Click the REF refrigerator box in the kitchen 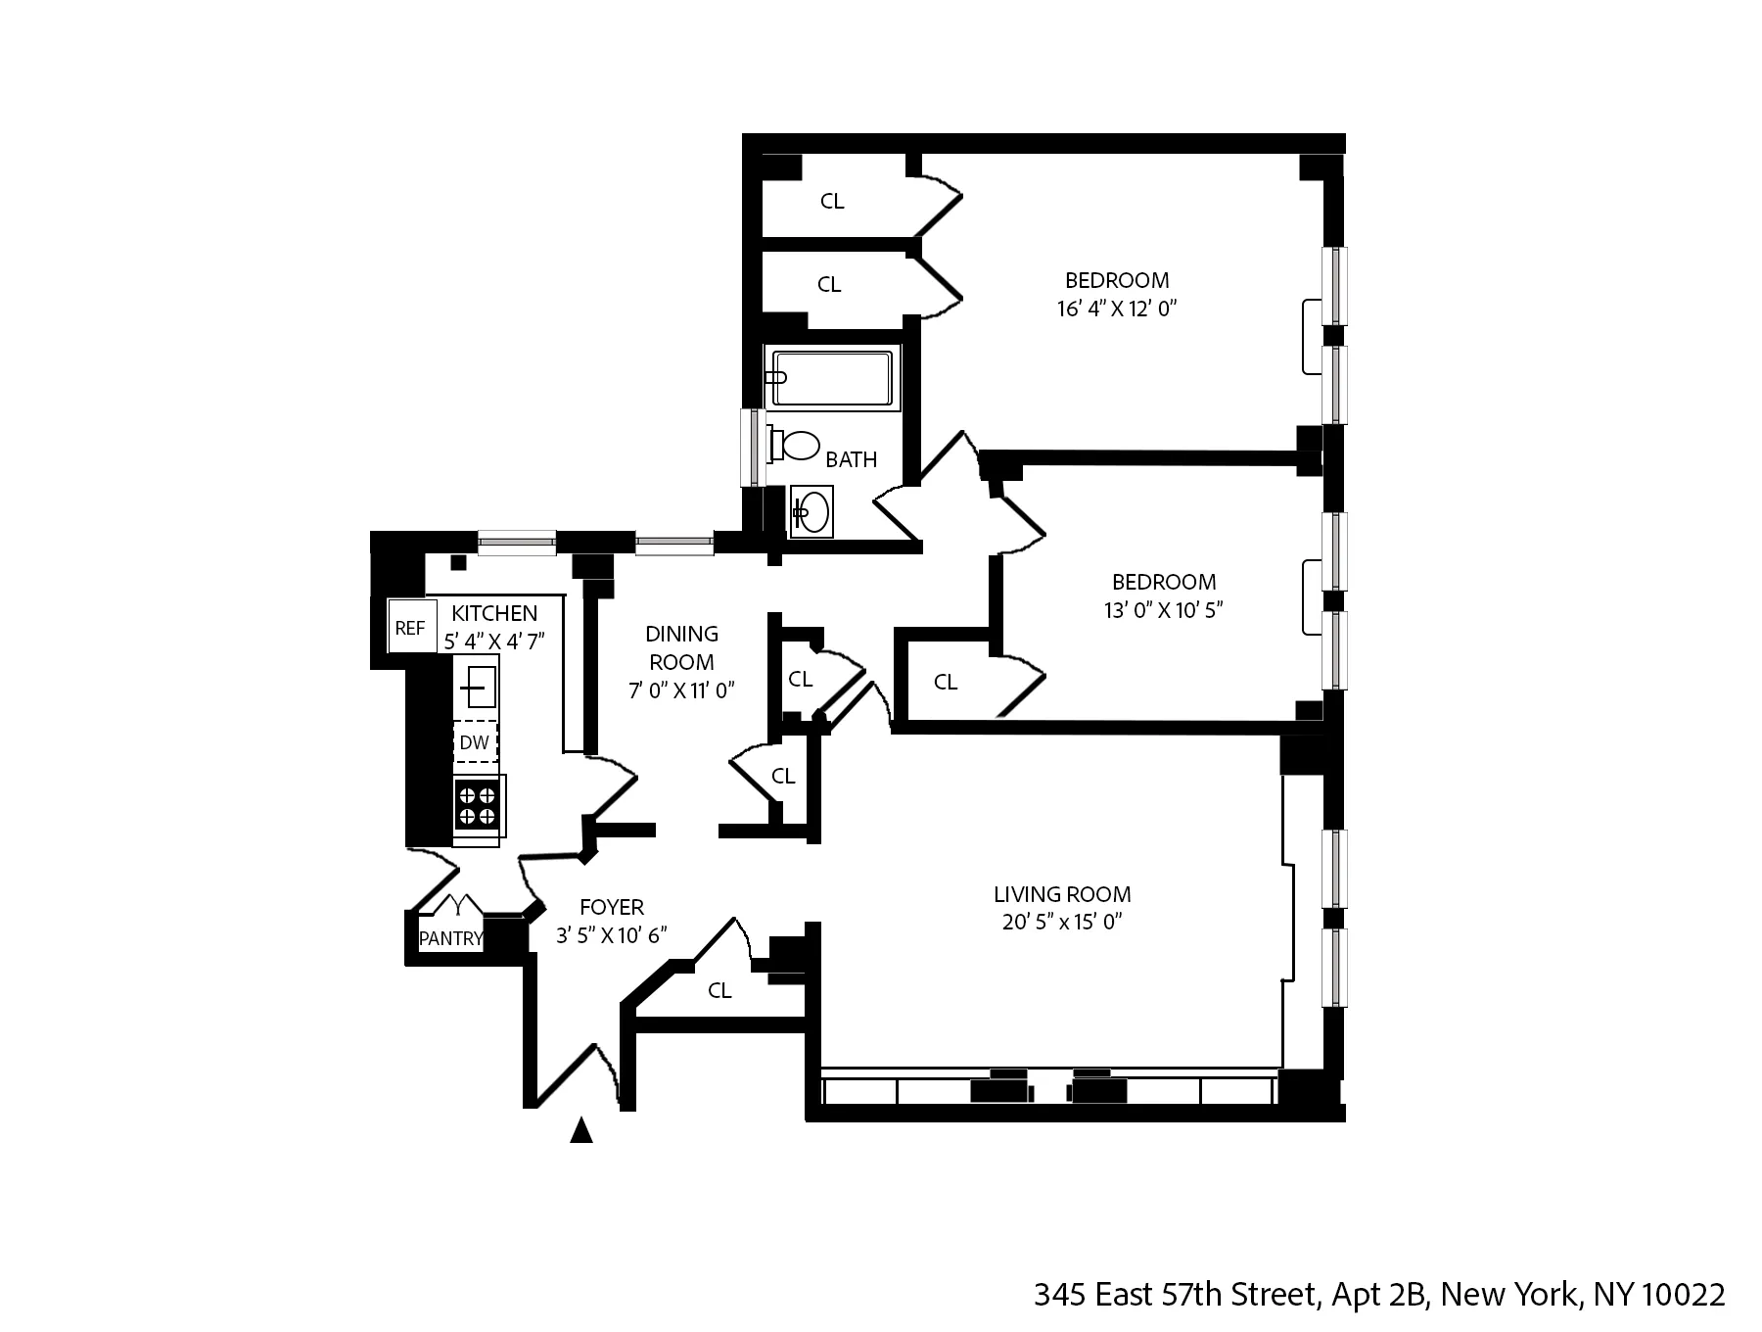click(410, 628)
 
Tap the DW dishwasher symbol click(475, 742)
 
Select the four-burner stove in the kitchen click(477, 805)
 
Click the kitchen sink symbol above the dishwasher click(477, 687)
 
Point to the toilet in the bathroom click(796, 446)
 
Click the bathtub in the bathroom click(832, 378)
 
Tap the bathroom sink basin click(811, 511)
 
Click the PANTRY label click(451, 938)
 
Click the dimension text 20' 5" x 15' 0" click(1062, 922)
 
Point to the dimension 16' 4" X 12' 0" click(1116, 309)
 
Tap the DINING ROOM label click(681, 647)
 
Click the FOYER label click(612, 907)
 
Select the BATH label click(851, 459)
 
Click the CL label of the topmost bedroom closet click(832, 201)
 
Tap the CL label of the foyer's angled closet click(719, 990)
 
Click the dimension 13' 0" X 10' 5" click(1163, 610)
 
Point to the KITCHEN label click(494, 613)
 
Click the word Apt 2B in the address click(1378, 1295)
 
